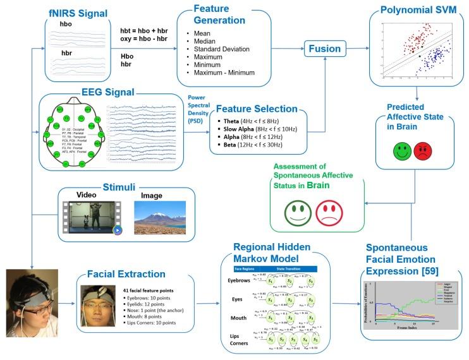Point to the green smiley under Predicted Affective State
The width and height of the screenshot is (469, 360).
pyautogui.click(x=401, y=152)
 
